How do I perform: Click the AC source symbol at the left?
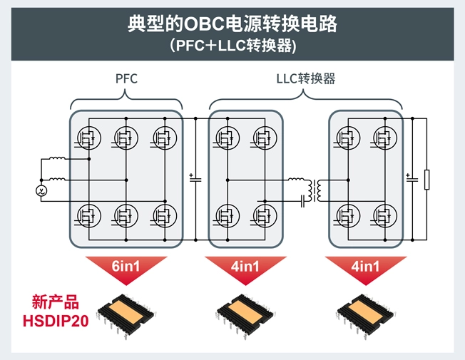(41, 191)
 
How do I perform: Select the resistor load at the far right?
(426, 180)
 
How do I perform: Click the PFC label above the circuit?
(126, 78)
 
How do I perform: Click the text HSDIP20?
(55, 321)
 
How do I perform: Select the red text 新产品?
(55, 302)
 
